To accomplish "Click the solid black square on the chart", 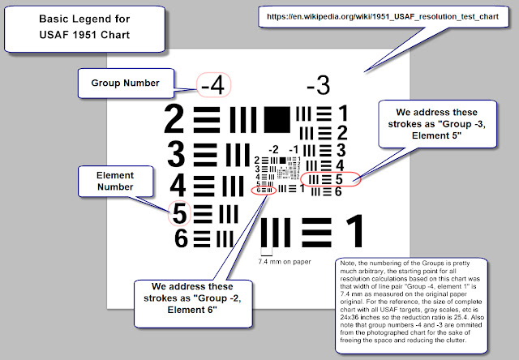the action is click(x=276, y=119).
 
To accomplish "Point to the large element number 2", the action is click(x=175, y=119).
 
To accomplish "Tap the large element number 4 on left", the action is click(x=178, y=184).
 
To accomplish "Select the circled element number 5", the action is click(x=179, y=212).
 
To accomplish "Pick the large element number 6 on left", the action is click(x=180, y=238).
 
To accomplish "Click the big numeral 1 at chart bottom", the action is click(x=354, y=232).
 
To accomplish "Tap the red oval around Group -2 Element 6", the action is click(x=264, y=190).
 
